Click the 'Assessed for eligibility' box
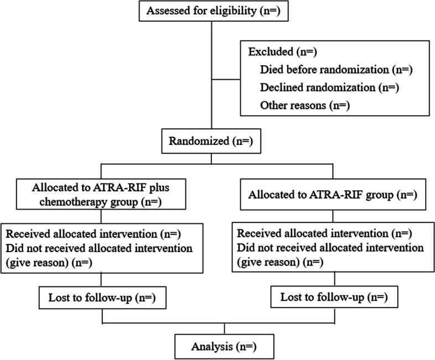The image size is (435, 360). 214,11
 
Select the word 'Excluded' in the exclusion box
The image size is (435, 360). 271,52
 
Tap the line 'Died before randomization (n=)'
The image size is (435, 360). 336,70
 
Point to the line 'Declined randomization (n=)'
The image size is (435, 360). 330,87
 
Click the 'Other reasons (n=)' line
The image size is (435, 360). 305,105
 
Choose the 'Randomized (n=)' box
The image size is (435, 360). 211,141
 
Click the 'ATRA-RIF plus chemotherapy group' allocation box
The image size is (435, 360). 101,194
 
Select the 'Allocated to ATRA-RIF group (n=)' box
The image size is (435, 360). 333,195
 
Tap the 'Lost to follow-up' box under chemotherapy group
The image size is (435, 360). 102,298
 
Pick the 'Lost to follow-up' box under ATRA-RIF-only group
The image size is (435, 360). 334,297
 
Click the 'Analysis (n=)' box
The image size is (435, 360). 224,347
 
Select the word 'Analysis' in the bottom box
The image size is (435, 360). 212,347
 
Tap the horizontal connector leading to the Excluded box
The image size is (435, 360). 226,80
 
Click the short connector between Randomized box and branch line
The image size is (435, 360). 211,159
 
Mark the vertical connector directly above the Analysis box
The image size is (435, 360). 224,328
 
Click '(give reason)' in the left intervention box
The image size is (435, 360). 37,262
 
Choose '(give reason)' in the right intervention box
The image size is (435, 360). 268,262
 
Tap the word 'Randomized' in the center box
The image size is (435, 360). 199,141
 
